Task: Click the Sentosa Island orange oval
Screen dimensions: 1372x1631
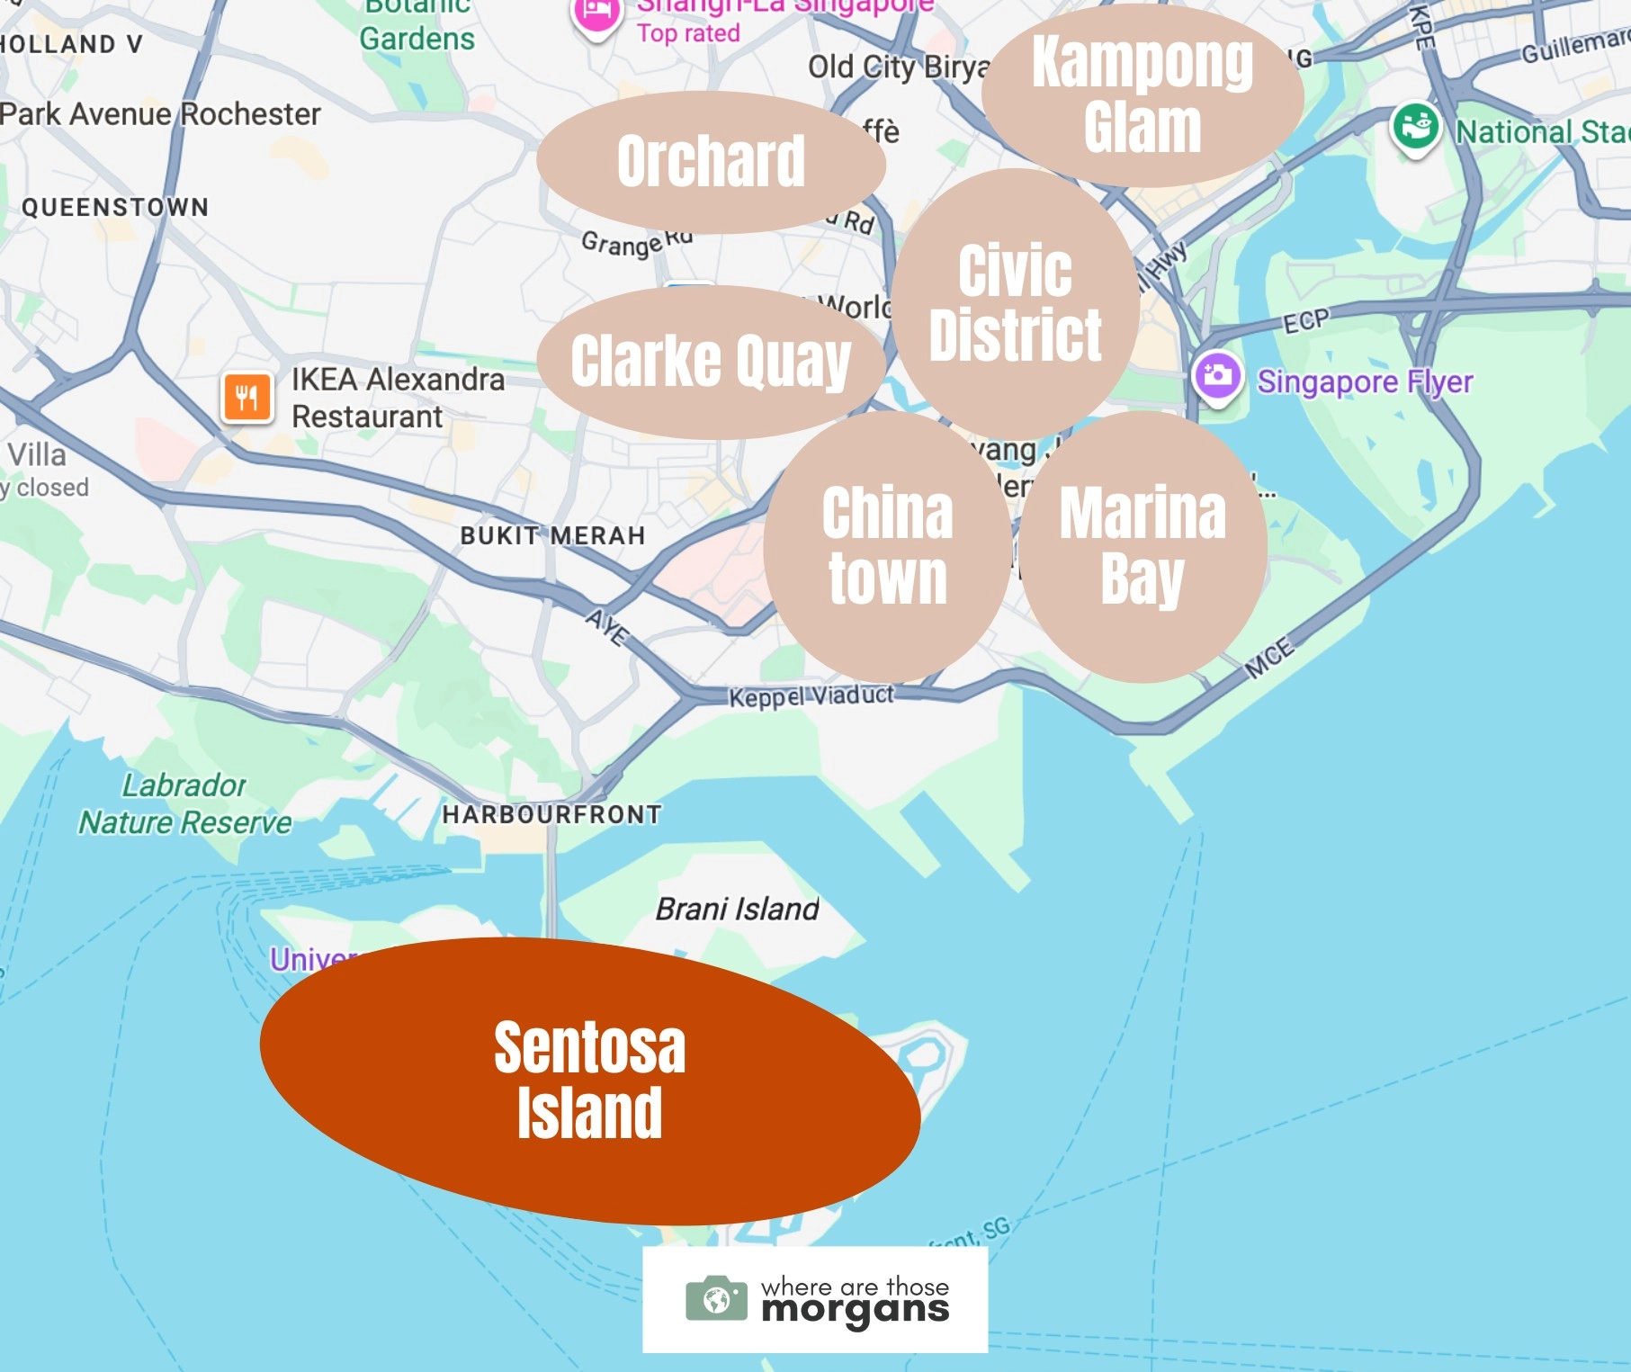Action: click(x=589, y=1080)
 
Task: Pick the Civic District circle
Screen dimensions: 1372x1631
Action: click(x=1016, y=302)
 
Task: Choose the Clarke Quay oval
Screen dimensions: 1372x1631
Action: click(x=711, y=362)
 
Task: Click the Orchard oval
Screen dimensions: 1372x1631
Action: click(x=711, y=162)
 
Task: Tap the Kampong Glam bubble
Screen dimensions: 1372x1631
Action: click(x=1143, y=95)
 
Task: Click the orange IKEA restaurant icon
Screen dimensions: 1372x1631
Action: click(x=247, y=397)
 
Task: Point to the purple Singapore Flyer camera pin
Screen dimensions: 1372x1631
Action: click(x=1217, y=375)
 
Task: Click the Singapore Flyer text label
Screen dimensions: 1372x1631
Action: click(x=1365, y=382)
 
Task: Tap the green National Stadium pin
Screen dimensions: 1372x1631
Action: click(x=1415, y=127)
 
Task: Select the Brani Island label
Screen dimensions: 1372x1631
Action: click(x=737, y=910)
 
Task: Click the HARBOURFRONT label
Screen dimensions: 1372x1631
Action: click(x=551, y=815)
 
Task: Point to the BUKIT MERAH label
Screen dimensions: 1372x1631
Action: click(x=552, y=536)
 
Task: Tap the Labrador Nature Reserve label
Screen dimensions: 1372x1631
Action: click(x=185, y=803)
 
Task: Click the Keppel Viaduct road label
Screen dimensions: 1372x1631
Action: click(x=811, y=696)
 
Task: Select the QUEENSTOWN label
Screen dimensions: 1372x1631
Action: click(x=115, y=208)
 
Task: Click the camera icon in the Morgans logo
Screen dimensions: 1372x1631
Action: click(x=716, y=1299)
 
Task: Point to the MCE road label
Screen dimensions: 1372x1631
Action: click(x=1269, y=658)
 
